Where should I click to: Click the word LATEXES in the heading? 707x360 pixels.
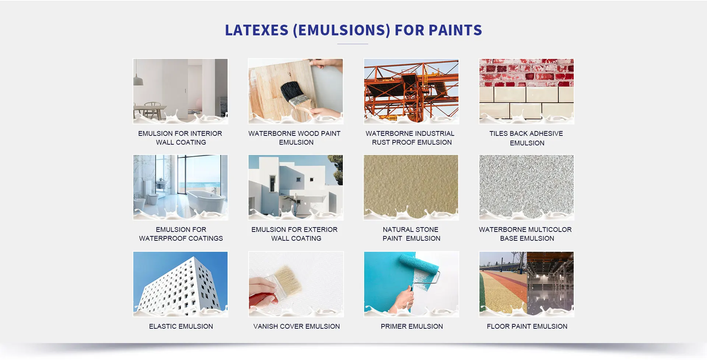[x=257, y=30]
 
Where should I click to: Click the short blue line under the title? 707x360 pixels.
[x=353, y=44]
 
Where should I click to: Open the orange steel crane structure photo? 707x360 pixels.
[x=411, y=91]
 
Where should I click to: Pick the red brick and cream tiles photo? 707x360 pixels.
[x=527, y=91]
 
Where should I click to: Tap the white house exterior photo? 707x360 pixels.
[x=296, y=187]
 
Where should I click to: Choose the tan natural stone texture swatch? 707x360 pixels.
[x=411, y=187]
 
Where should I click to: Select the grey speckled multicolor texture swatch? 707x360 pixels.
[x=527, y=187]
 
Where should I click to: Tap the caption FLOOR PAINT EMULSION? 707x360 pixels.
[x=527, y=327]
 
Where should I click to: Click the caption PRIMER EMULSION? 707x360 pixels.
[x=412, y=327]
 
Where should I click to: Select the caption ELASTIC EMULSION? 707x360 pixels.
[x=181, y=327]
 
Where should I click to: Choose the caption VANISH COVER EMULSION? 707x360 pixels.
[x=296, y=327]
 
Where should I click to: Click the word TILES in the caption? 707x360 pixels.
[x=498, y=134]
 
